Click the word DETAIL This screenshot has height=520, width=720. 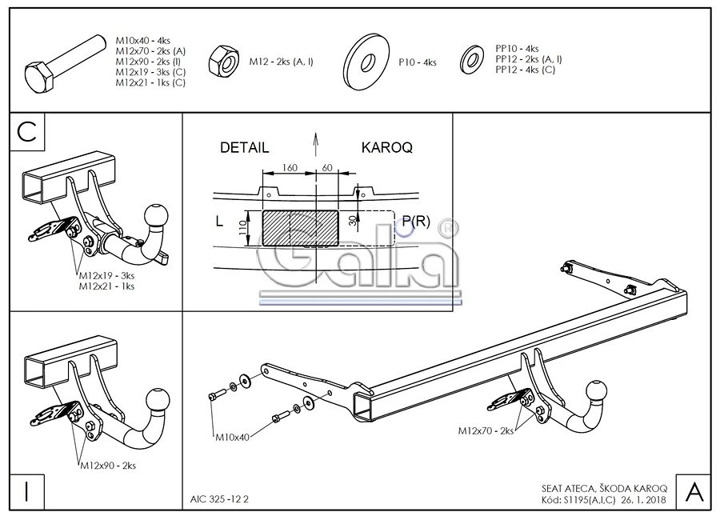pos(244,148)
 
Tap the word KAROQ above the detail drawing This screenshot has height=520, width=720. pos(386,148)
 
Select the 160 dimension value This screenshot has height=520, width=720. pos(289,169)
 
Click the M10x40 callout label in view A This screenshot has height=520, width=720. pos(232,438)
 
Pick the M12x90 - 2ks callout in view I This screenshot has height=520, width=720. pos(108,465)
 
